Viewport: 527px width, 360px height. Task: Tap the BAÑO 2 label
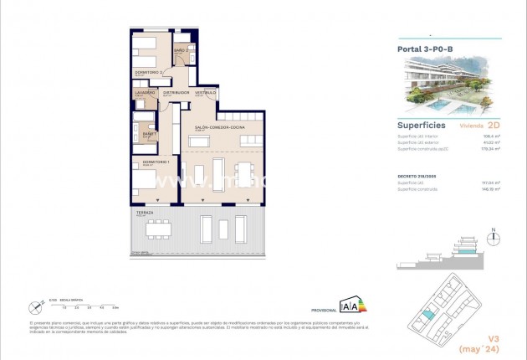tap(180, 51)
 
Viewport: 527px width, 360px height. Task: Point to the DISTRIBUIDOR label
tap(177, 92)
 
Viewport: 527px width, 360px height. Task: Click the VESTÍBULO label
tap(206, 92)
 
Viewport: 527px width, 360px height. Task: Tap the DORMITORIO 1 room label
tap(156, 162)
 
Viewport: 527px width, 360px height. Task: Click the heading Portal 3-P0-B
tap(426, 49)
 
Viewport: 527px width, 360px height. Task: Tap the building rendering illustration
tap(448, 85)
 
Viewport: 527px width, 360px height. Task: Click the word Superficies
tap(421, 124)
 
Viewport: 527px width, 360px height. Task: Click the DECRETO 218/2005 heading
tap(417, 176)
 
